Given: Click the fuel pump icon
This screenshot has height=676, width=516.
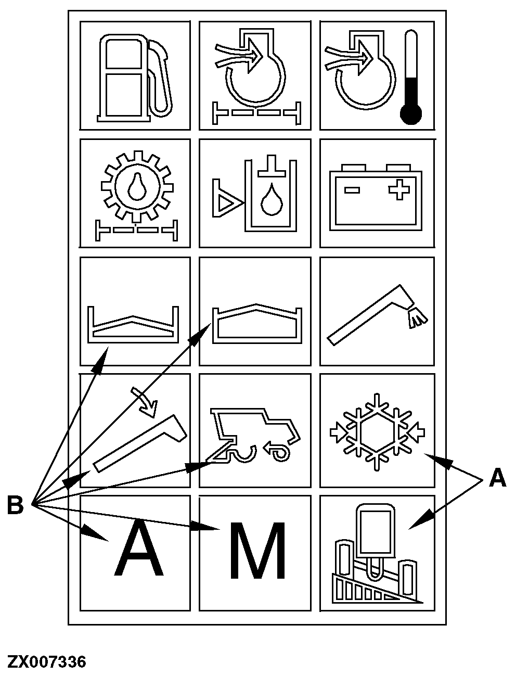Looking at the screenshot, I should point(134,76).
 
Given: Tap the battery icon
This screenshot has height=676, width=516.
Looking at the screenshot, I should point(377,198).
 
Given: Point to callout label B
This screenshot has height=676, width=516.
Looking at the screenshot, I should point(16,505).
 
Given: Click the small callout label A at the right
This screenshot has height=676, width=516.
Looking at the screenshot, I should point(497,478).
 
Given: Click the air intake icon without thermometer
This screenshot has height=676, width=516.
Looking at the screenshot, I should point(255,76).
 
